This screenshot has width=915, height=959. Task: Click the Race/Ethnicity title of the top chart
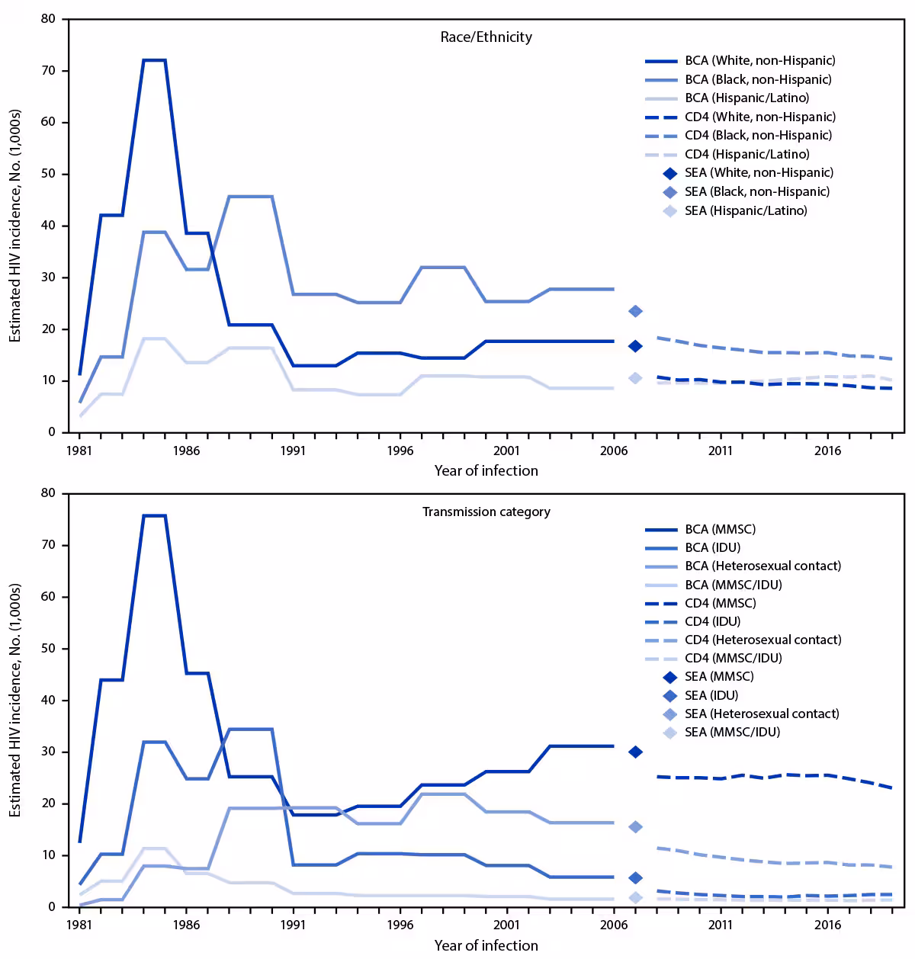click(486, 37)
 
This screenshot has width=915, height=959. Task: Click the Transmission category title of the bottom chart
click(486, 512)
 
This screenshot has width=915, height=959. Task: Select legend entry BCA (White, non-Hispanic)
click(759, 60)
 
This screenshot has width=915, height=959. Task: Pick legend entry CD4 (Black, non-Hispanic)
click(758, 135)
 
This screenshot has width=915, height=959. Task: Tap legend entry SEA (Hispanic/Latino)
click(746, 210)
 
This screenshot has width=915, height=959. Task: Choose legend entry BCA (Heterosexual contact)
click(762, 566)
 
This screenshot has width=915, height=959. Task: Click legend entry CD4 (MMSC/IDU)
click(733, 658)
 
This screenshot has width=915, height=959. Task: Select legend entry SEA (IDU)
click(711, 695)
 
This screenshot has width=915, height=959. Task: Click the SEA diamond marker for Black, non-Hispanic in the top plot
click(635, 311)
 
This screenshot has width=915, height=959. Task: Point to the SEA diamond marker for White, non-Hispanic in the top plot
click(635, 346)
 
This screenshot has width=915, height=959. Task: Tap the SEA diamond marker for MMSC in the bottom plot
click(635, 752)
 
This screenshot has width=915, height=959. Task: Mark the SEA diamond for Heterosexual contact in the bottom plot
click(635, 827)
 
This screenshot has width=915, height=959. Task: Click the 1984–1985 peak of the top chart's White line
click(154, 60)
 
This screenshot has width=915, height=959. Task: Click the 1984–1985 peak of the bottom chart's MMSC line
click(154, 516)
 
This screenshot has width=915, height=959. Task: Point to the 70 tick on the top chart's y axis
click(50, 71)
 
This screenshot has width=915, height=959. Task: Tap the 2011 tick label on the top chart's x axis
click(721, 451)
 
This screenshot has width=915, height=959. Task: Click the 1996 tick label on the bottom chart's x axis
click(400, 925)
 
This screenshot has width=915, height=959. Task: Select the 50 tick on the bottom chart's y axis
click(50, 649)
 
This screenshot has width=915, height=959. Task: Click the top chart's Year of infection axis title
click(486, 470)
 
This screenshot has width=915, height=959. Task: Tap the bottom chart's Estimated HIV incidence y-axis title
click(15, 701)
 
